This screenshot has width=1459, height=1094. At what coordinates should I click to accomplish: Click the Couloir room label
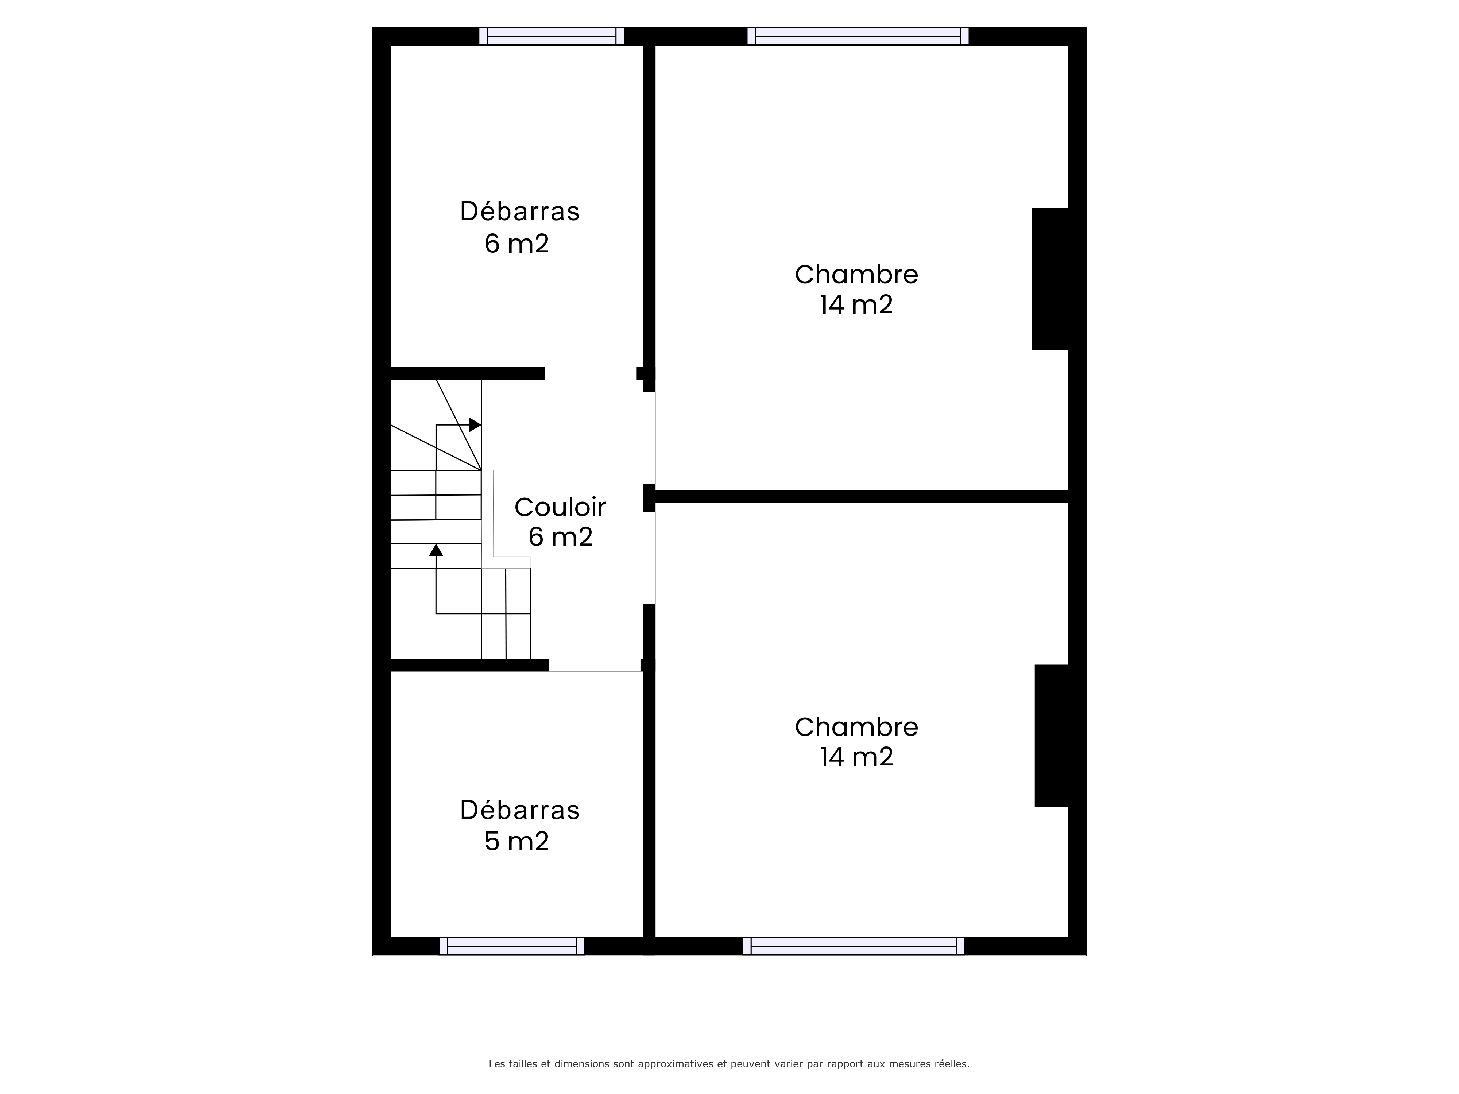[560, 507]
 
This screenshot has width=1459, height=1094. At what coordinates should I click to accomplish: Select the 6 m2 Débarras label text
[520, 228]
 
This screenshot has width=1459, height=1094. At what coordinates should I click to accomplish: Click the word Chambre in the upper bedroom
[856, 274]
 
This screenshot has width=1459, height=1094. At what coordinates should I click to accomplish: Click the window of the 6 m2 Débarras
[552, 36]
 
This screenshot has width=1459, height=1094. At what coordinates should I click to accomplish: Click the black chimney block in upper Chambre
[1050, 279]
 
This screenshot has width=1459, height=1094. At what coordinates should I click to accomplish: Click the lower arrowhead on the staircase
[436, 550]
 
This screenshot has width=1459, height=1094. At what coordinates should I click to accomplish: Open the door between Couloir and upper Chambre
[649, 438]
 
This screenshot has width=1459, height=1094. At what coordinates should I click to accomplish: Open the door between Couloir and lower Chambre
[649, 558]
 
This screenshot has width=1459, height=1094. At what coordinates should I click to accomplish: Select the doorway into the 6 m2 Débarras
[590, 373]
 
